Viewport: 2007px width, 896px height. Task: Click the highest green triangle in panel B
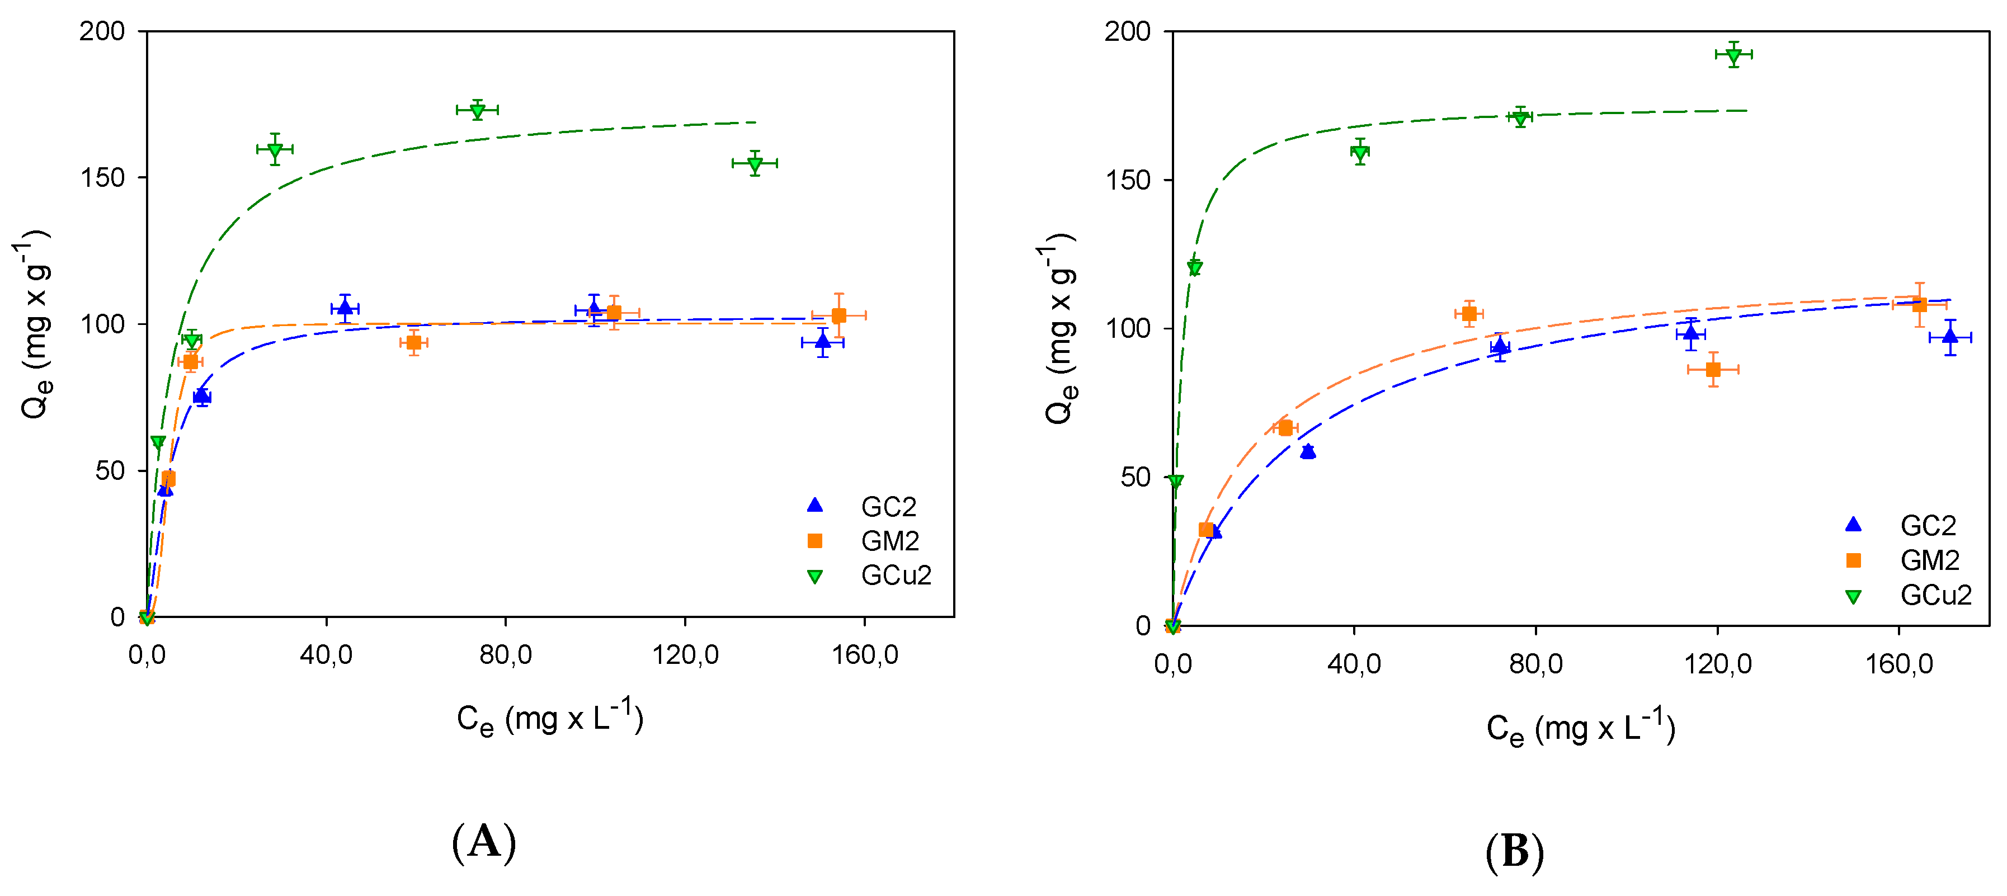(x=1733, y=55)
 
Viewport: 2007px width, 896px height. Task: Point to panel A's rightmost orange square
(x=838, y=315)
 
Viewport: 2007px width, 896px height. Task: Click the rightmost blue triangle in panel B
(x=1950, y=337)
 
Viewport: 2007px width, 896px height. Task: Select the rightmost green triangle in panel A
(x=754, y=164)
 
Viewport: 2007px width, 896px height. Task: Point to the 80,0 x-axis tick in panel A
(x=505, y=654)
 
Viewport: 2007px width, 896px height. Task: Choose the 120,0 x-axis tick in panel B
(x=1717, y=664)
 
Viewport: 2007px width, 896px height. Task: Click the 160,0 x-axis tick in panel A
(x=864, y=654)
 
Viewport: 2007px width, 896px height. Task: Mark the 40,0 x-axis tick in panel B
(x=1354, y=664)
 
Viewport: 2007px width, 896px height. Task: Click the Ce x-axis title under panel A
(x=550, y=718)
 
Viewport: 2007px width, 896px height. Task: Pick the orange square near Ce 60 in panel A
(x=414, y=343)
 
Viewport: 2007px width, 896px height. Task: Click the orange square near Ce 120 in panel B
(x=1713, y=369)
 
